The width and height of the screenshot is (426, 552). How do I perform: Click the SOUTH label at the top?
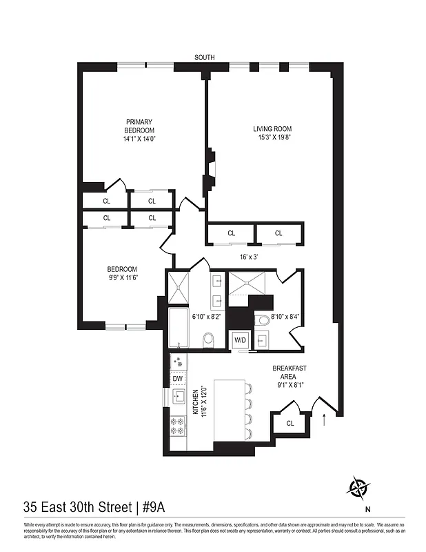[203, 57]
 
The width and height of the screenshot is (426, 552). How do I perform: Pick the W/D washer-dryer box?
[241, 339]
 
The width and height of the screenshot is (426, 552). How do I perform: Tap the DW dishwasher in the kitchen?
[177, 379]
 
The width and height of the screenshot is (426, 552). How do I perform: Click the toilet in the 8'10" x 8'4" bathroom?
[263, 319]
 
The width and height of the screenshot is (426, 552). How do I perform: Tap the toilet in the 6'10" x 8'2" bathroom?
[210, 339]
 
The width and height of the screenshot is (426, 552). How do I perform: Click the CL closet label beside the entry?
[290, 423]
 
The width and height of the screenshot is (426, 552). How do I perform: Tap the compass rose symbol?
[358, 489]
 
